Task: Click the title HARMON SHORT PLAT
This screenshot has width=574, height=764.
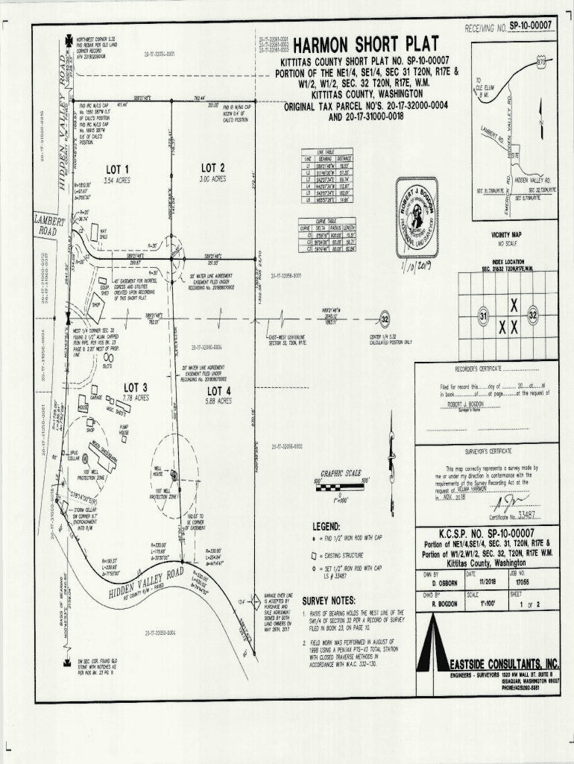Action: (369, 45)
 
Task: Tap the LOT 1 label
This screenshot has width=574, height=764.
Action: (117, 169)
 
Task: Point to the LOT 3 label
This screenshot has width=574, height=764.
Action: (136, 387)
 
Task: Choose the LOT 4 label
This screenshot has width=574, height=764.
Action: (219, 391)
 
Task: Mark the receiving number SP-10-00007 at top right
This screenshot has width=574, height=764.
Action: (533, 26)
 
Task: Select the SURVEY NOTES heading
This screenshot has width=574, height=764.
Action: (329, 600)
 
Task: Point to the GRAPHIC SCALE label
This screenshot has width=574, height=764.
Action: (341, 473)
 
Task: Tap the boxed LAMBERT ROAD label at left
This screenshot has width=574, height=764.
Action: (48, 225)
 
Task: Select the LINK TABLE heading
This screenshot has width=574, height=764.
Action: (326, 151)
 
